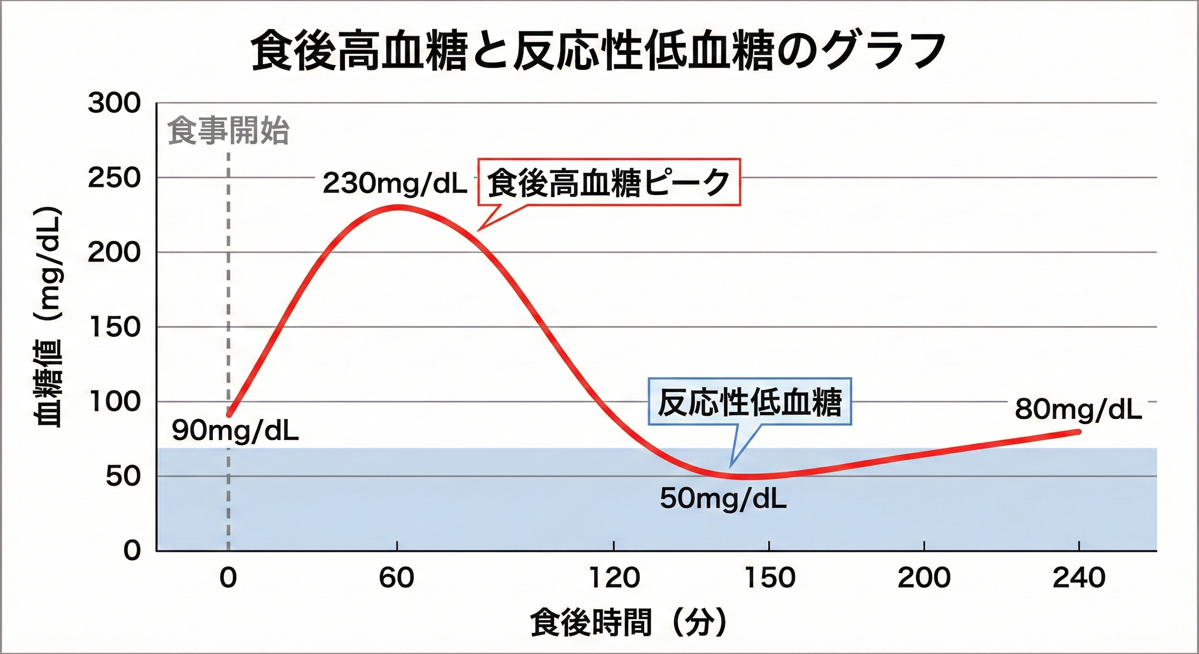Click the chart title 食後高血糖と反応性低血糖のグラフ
point(599,51)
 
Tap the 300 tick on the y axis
point(114,103)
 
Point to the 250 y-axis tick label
point(114,178)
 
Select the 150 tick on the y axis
point(114,327)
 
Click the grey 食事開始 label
point(228,131)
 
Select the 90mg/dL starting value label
point(235,431)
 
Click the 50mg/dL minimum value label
point(723,499)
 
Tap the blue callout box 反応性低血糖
point(749,401)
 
